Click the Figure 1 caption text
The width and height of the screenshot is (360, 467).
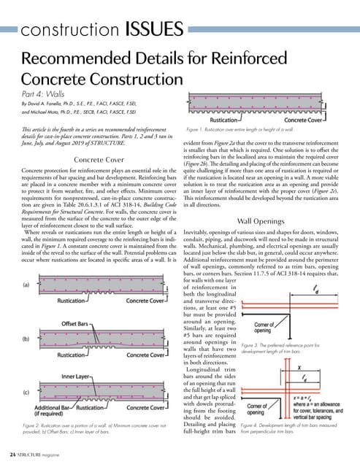(241, 129)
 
